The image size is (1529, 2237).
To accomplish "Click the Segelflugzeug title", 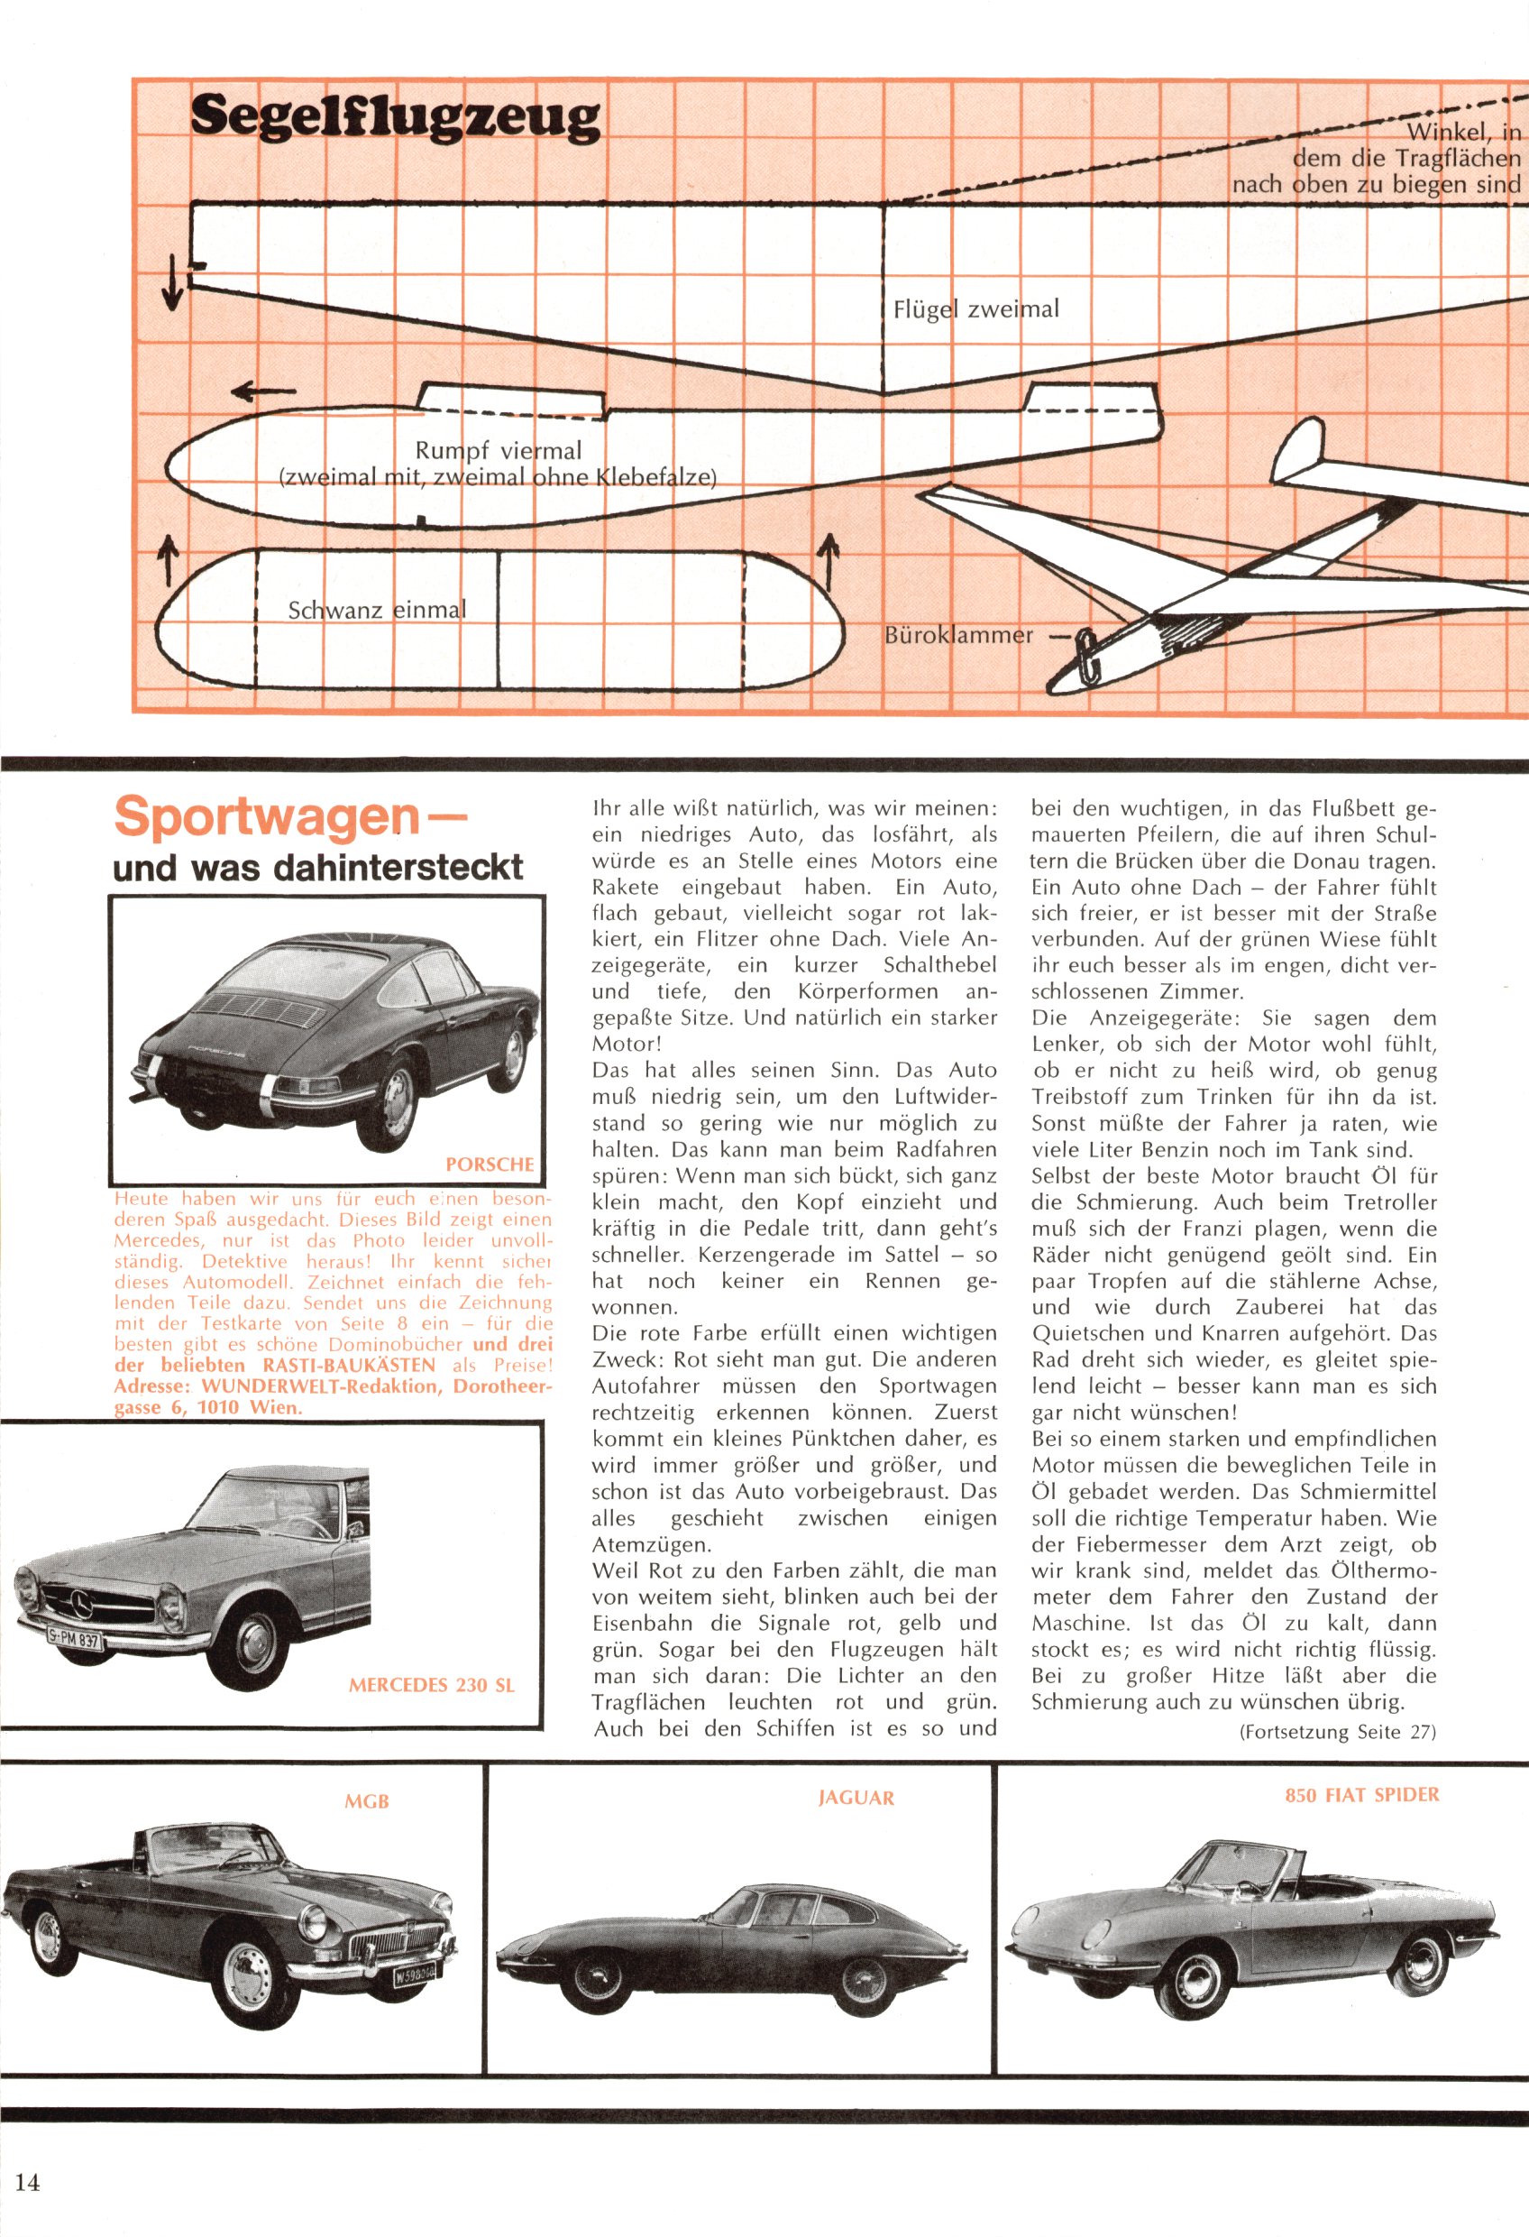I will pyautogui.click(x=395, y=118).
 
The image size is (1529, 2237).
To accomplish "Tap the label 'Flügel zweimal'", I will pyautogui.click(x=975, y=309).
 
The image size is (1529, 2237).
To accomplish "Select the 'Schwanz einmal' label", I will pyautogui.click(x=376, y=611).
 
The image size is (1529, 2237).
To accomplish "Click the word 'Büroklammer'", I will pyautogui.click(x=958, y=635).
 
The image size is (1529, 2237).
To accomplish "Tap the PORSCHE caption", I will pyautogui.click(x=489, y=1165).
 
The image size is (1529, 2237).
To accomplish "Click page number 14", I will pyautogui.click(x=27, y=2182).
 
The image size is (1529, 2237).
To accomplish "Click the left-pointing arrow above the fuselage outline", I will pyautogui.click(x=262, y=391).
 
